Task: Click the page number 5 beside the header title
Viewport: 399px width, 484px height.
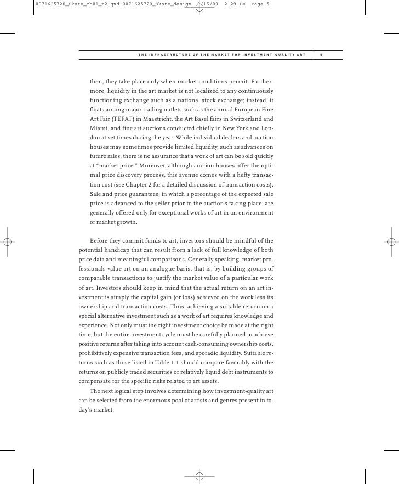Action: click(322, 55)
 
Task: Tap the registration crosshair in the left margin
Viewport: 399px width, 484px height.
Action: click(8, 241)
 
